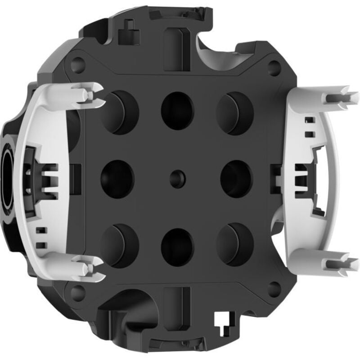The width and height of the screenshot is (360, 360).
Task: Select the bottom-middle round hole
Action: tap(177, 247)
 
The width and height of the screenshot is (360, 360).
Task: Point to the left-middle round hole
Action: tap(117, 179)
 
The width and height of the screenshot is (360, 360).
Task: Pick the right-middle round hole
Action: tap(236, 179)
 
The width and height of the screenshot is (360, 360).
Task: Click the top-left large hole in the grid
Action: tap(118, 112)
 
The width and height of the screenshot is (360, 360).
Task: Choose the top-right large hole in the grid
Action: tap(235, 113)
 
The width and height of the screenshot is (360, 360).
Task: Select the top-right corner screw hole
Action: tap(274, 67)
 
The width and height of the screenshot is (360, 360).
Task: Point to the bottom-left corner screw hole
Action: tap(78, 293)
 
